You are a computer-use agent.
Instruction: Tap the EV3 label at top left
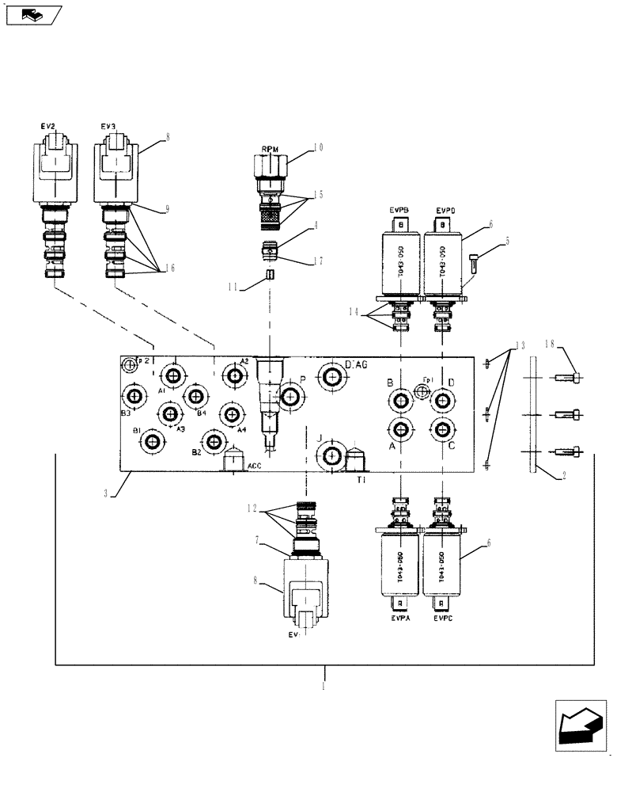click(108, 126)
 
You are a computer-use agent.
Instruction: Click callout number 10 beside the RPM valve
click(318, 146)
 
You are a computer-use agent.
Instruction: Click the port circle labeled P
click(290, 398)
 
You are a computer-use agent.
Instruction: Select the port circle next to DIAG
click(331, 375)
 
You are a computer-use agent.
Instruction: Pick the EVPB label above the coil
click(399, 209)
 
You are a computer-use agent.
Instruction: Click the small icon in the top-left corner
click(31, 14)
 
